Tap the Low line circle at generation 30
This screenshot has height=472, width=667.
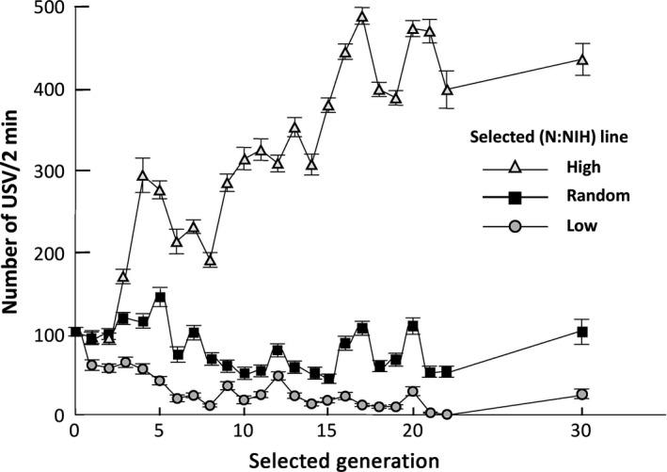(581, 394)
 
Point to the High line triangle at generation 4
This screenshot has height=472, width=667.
(143, 175)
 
